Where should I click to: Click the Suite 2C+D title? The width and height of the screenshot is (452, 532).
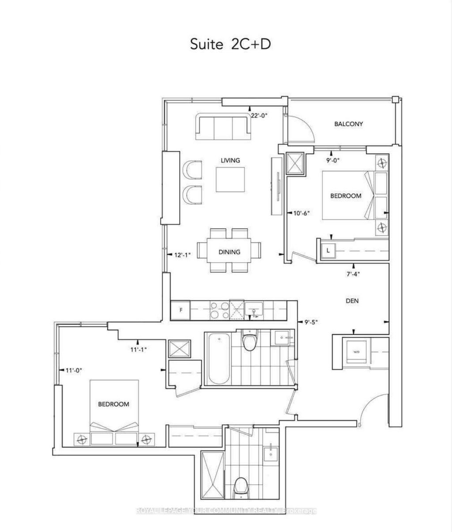(230, 44)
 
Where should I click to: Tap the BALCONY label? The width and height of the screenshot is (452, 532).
(348, 124)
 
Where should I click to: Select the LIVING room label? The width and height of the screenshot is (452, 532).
(230, 160)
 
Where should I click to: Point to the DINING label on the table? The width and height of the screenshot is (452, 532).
(229, 252)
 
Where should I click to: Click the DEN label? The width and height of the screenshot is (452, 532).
(352, 301)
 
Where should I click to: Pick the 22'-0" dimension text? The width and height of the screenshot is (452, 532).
(259, 115)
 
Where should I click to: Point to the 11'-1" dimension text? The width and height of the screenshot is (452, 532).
(137, 349)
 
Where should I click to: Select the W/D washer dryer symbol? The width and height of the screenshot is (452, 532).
(356, 352)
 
